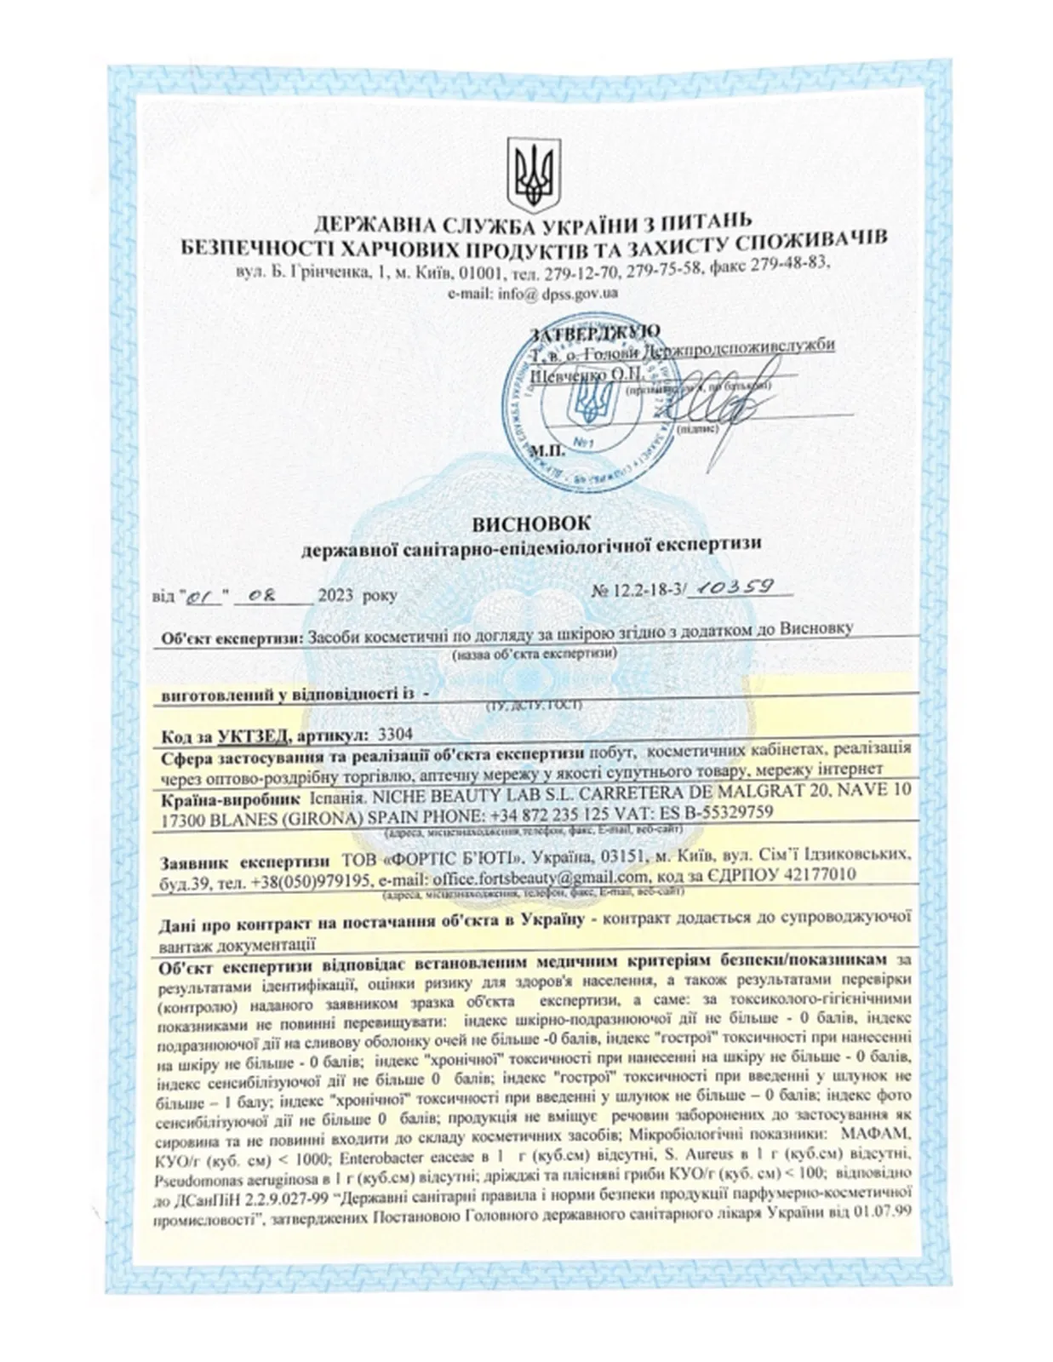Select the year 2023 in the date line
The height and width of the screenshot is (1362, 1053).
click(338, 596)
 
